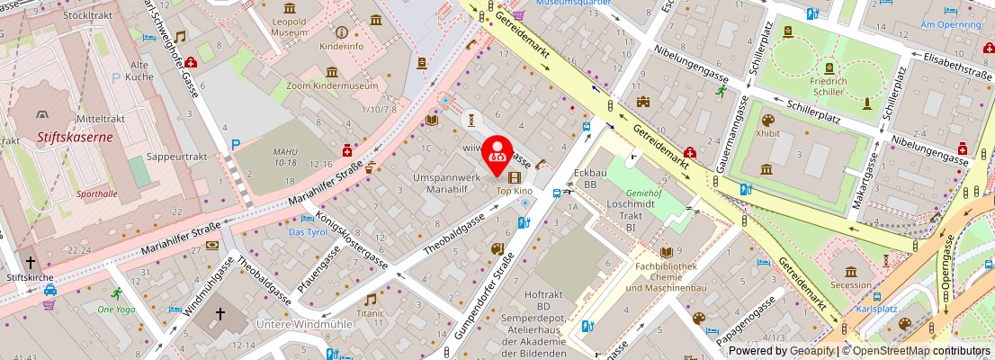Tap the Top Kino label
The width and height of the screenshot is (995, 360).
click(516, 191)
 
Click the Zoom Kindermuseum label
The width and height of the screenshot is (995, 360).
click(332, 85)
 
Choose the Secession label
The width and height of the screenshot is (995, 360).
click(850, 284)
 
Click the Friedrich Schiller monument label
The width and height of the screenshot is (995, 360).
click(828, 85)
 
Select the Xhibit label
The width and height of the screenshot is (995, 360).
click(767, 133)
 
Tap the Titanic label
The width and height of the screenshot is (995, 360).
click(370, 313)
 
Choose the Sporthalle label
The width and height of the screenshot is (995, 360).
click(96, 193)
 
